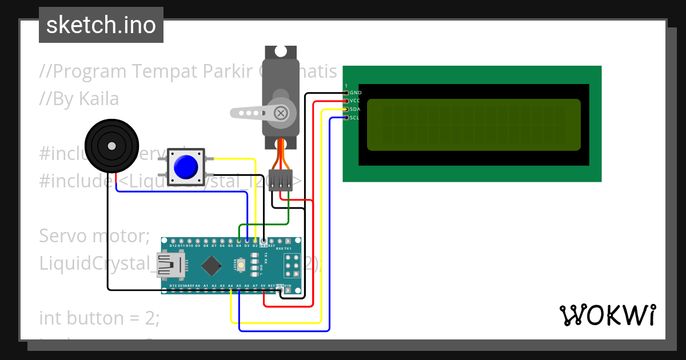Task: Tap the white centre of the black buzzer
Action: pyautogui.click(x=111, y=145)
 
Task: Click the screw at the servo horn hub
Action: pyautogui.click(x=281, y=113)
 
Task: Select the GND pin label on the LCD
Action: pyautogui.click(x=356, y=93)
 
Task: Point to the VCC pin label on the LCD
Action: pyautogui.click(x=355, y=101)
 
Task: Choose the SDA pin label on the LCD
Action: pyautogui.click(x=355, y=109)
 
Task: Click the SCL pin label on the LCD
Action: pyautogui.click(x=354, y=118)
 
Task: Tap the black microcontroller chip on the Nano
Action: pyautogui.click(x=212, y=265)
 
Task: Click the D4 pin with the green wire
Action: pyautogui.click(x=239, y=240)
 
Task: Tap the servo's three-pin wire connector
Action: pyautogui.click(x=281, y=180)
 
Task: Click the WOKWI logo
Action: pyautogui.click(x=607, y=315)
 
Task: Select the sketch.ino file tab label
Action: pyautogui.click(x=101, y=25)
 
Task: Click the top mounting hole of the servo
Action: pyautogui.click(x=281, y=51)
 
